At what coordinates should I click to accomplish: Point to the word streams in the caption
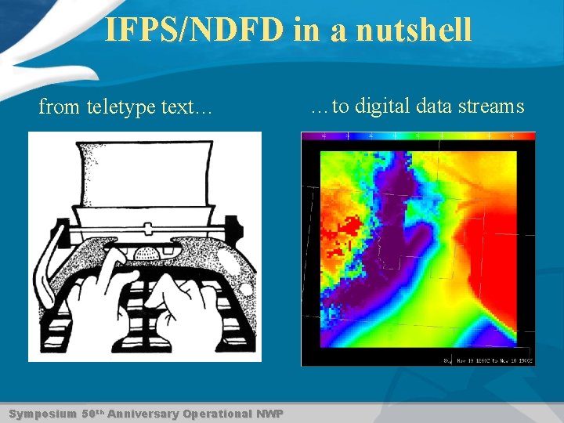point(491,106)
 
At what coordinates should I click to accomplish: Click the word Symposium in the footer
point(42,414)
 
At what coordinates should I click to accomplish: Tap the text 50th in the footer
point(91,413)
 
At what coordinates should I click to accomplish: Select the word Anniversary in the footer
point(143,414)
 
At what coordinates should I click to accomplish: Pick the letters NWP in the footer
point(269,414)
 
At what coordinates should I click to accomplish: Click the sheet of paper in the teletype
point(145,172)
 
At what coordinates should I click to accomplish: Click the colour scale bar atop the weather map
point(418,136)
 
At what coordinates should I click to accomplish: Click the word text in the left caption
point(187,107)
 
